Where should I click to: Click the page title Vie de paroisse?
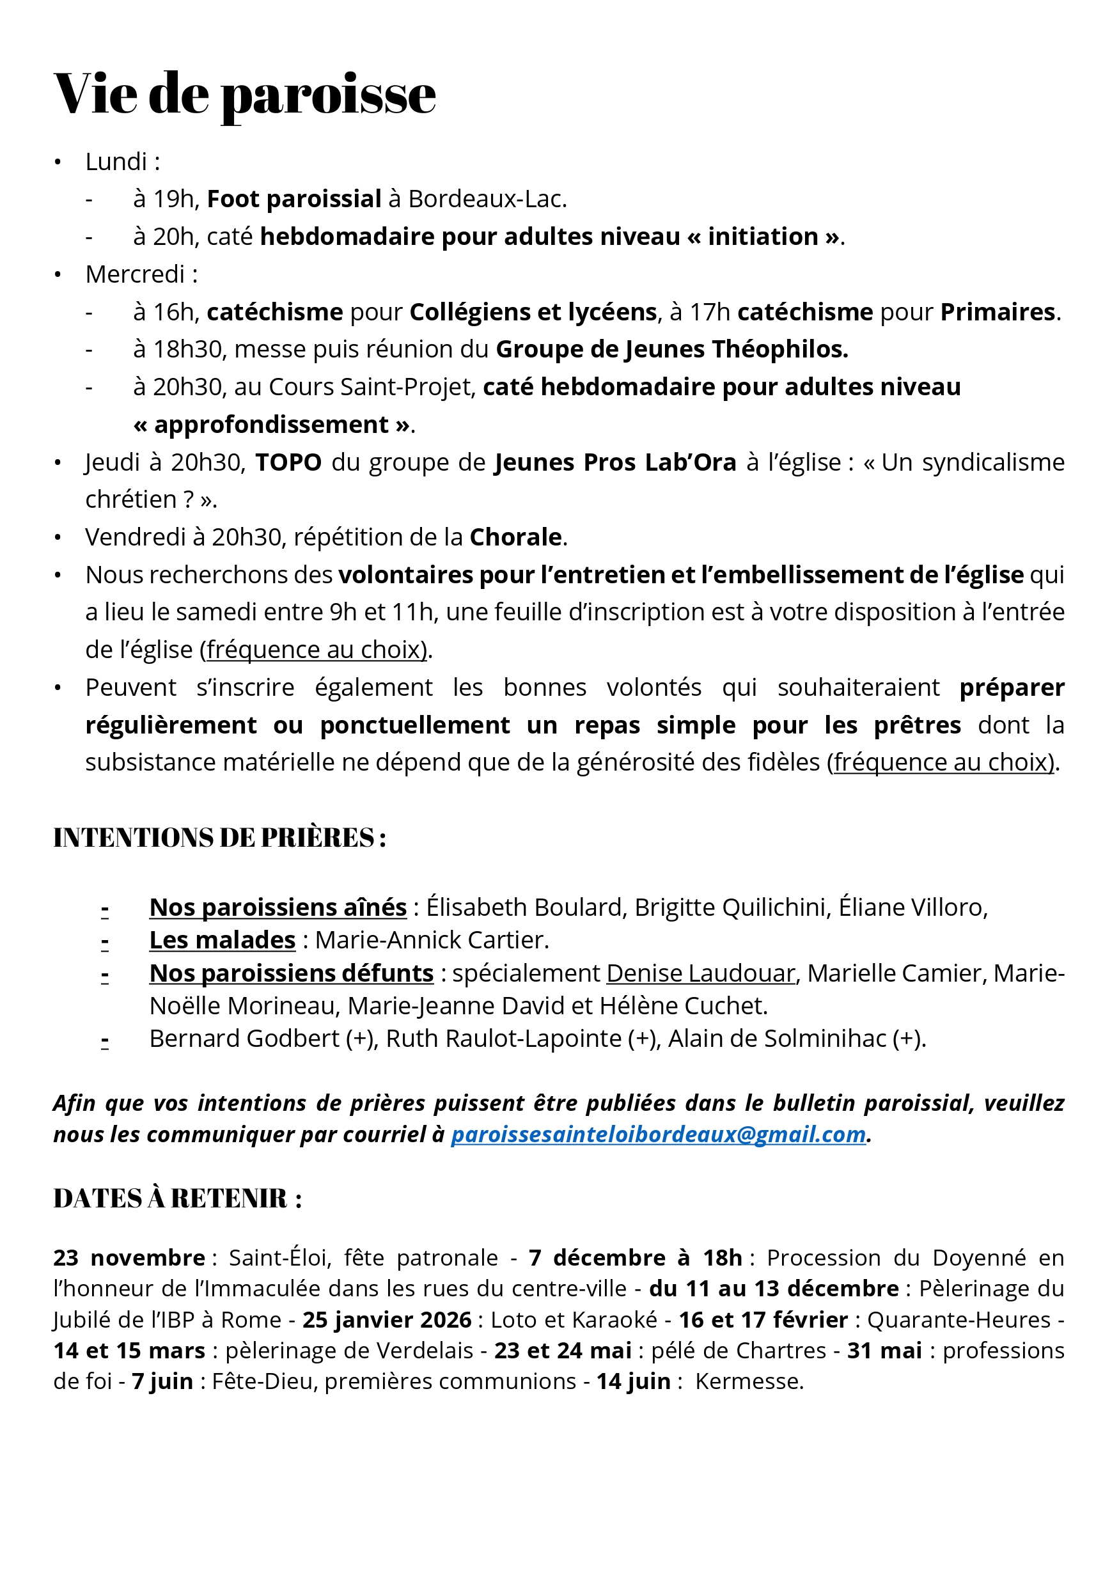[244, 94]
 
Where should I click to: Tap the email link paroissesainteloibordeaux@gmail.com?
[657, 1135]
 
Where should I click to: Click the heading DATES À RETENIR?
[177, 1198]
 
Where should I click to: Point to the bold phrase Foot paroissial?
[293, 199]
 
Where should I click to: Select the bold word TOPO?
[288, 462]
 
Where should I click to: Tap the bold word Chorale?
[515, 537]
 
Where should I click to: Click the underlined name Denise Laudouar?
[700, 973]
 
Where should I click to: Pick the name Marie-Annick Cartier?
[431, 940]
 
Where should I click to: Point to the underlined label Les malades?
[223, 940]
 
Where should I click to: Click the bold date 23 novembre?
[129, 1257]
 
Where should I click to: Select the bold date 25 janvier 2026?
[386, 1319]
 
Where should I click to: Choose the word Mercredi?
[135, 274]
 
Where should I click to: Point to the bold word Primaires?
[998, 312]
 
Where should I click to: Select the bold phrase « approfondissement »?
[272, 424]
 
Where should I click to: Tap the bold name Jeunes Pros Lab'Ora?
[614, 462]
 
